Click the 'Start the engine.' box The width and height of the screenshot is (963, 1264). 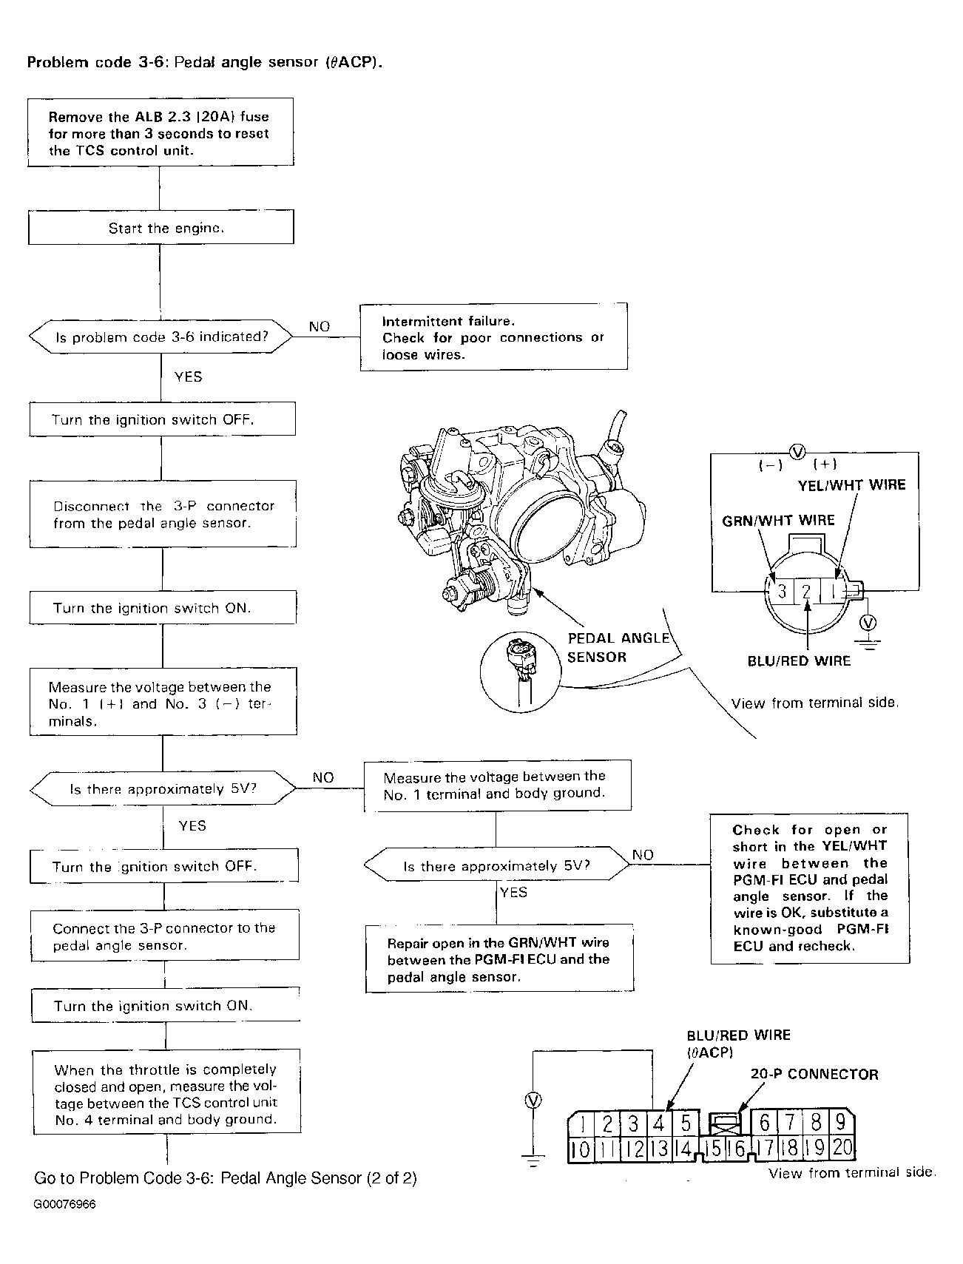click(161, 227)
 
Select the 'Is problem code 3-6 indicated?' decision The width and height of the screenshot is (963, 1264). click(161, 337)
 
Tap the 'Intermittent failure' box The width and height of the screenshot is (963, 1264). click(493, 337)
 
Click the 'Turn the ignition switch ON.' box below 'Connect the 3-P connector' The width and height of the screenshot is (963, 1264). click(166, 1006)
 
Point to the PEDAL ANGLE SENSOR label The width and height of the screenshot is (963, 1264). click(618, 647)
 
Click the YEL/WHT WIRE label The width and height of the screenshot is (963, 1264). click(851, 485)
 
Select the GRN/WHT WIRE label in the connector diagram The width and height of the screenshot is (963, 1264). click(778, 520)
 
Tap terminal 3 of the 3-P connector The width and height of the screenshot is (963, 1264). click(782, 591)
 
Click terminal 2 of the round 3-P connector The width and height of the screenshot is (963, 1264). click(807, 591)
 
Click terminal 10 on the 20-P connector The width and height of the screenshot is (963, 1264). click(582, 1149)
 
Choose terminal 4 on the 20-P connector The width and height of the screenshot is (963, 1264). click(658, 1123)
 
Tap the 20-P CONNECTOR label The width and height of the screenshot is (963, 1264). click(814, 1074)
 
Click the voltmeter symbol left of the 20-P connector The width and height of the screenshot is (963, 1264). click(532, 1101)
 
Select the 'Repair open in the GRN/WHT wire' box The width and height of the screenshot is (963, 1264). click(500, 959)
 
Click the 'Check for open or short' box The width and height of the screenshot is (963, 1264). click(810, 888)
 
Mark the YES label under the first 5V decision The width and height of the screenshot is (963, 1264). click(192, 825)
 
